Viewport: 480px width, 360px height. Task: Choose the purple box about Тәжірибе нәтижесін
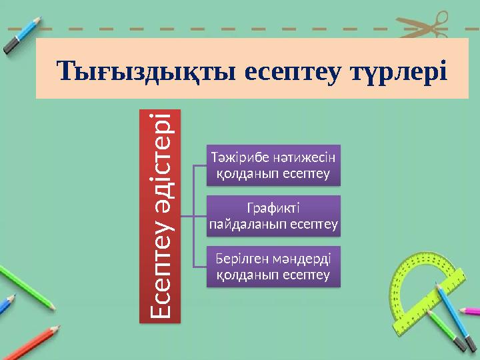(273, 165)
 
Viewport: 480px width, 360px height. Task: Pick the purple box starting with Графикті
(273, 216)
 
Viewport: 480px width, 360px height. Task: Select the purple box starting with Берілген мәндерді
(273, 266)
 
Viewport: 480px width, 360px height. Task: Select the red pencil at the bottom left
(30, 341)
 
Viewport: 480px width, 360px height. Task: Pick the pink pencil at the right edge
(470, 311)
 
